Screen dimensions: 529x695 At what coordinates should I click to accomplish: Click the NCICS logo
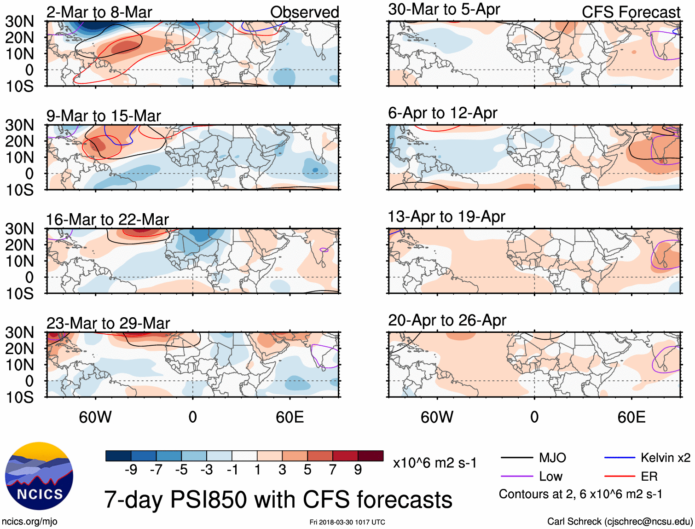click(39, 476)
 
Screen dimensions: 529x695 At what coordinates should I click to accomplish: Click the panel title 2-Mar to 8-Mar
click(99, 12)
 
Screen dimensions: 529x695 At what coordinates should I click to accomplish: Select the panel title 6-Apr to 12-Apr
click(442, 113)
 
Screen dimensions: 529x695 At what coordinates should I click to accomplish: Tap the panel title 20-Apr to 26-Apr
click(447, 320)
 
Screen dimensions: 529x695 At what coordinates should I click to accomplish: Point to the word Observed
click(304, 12)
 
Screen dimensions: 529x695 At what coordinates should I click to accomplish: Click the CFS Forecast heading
click(631, 12)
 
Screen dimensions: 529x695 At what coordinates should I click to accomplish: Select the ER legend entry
click(649, 476)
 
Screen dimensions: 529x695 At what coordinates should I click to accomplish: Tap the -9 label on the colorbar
click(131, 470)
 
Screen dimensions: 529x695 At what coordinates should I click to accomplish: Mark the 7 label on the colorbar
click(333, 470)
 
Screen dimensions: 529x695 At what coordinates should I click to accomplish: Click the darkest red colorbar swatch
click(371, 456)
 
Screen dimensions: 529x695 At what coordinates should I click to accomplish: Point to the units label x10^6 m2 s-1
click(434, 463)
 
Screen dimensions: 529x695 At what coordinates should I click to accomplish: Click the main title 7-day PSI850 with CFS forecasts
click(278, 500)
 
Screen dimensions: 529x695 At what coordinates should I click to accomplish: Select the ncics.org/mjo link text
click(29, 522)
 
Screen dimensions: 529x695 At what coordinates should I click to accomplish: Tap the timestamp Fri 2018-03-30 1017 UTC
click(347, 522)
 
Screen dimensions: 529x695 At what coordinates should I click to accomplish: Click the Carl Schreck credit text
click(620, 522)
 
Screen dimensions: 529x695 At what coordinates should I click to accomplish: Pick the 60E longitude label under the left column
click(290, 417)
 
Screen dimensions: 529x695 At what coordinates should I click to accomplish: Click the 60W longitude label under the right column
click(437, 417)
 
